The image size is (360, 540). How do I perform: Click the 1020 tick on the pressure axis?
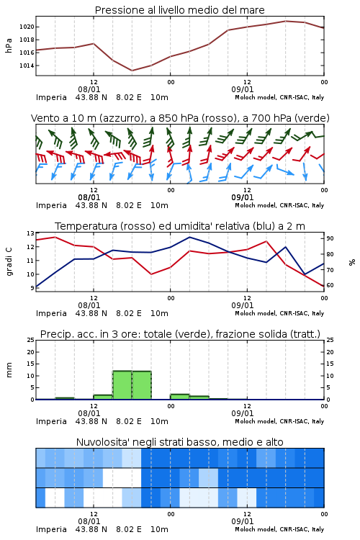pos(27,27)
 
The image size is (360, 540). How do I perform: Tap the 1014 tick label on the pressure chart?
pos(27,66)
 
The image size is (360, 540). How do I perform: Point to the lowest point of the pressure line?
pos(132,71)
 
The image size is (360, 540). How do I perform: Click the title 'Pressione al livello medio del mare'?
pos(180,10)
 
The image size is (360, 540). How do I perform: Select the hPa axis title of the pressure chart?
pos(9,45)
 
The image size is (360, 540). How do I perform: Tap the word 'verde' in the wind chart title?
pos(312,118)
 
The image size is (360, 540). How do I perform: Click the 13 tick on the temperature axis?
pos(31,233)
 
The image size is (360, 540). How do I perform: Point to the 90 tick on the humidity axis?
pos(330,238)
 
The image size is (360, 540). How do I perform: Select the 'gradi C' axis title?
pos(9,262)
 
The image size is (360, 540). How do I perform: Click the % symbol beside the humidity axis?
pos(352,262)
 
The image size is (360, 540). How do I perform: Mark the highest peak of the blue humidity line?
pos(189,238)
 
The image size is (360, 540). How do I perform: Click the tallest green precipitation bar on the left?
pos(122,385)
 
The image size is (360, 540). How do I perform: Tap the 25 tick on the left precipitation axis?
pos(31,341)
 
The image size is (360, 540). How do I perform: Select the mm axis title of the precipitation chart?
pos(9,370)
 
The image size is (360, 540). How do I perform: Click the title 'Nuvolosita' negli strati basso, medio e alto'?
pos(180,442)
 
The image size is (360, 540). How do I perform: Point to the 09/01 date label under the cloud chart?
pos(243,521)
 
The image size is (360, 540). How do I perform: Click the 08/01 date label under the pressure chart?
pos(89,89)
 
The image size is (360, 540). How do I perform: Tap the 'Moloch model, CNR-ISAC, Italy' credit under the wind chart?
pos(279,205)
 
